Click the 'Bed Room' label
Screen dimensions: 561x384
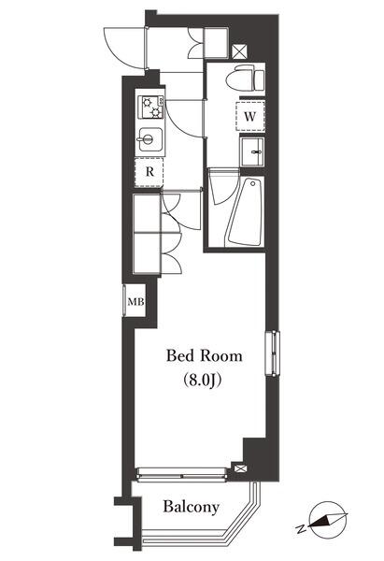coord(204,356)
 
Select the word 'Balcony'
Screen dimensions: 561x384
coord(192,508)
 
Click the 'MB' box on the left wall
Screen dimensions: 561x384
coord(135,302)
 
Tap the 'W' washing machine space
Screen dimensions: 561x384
coord(249,116)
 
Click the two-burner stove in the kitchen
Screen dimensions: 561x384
coord(150,108)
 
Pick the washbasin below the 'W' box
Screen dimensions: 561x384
coord(251,151)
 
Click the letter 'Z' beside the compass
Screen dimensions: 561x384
coord(301,528)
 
